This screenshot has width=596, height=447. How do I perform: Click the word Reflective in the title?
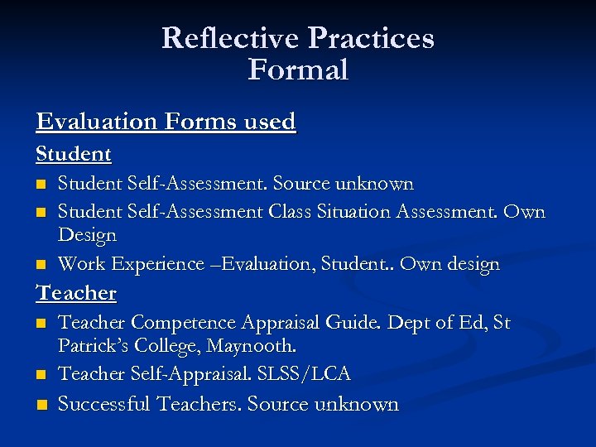click(x=230, y=38)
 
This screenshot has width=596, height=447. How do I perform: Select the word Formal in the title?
click(x=298, y=70)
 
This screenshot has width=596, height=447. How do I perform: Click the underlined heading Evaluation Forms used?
click(x=166, y=122)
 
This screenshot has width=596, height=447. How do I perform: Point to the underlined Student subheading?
click(x=74, y=154)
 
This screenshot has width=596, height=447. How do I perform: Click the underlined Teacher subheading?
click(x=76, y=293)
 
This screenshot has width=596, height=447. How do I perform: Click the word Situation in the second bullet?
click(x=352, y=212)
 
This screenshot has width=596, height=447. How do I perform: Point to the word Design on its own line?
click(x=87, y=235)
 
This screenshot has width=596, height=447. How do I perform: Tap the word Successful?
click(x=104, y=405)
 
